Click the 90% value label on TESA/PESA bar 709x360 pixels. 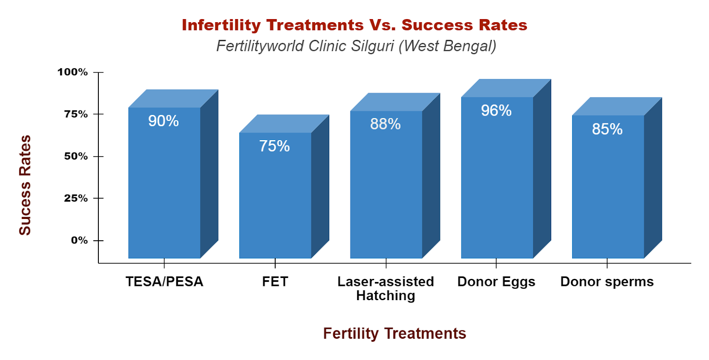pos(164,121)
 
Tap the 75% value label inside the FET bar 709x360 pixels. pos(274,146)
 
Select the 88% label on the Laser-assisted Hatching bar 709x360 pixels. pos(386,124)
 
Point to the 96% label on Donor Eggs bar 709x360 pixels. pos(496,110)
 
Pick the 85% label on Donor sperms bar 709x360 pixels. pos(607,129)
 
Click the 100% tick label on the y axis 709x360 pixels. pos(73,72)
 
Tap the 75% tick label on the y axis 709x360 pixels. pos(76,114)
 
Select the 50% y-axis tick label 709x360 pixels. pos(76,156)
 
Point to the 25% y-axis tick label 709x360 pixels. pos(76,198)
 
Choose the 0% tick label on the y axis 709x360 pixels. pos(79,240)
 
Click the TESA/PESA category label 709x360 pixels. pos(164,282)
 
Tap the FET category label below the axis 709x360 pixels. pos(275,282)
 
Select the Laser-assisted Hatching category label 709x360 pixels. pos(386,288)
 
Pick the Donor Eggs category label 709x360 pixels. pos(496,282)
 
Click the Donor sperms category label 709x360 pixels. pos(607,282)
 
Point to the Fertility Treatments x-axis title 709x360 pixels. pos(394,333)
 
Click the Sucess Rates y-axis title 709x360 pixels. pos(25,185)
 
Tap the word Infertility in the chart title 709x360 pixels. pos(222,25)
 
